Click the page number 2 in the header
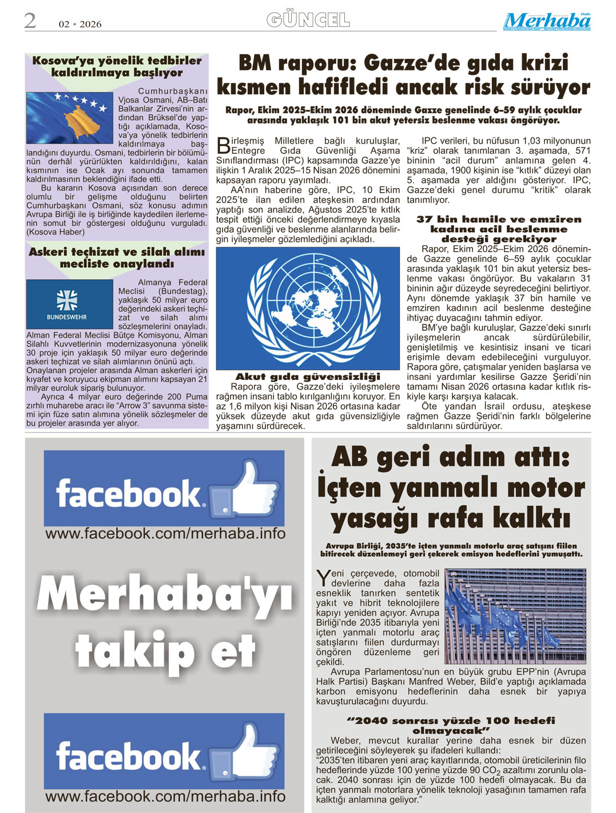coord(30,21)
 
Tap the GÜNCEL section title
coord(308,21)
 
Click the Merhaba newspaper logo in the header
coord(547,21)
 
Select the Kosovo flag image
coord(69,118)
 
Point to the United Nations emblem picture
coord(308,308)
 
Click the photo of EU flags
coord(515,616)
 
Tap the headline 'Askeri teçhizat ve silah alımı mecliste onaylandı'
coord(117,257)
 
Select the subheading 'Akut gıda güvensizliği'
coord(308,376)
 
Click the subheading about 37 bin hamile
coord(499,229)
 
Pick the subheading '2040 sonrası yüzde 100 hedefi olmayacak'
coord(451,725)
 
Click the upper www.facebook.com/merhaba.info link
coord(165,534)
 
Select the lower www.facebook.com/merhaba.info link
coord(165,796)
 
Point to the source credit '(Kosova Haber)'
coord(55,232)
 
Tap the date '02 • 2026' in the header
coord(80,24)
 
